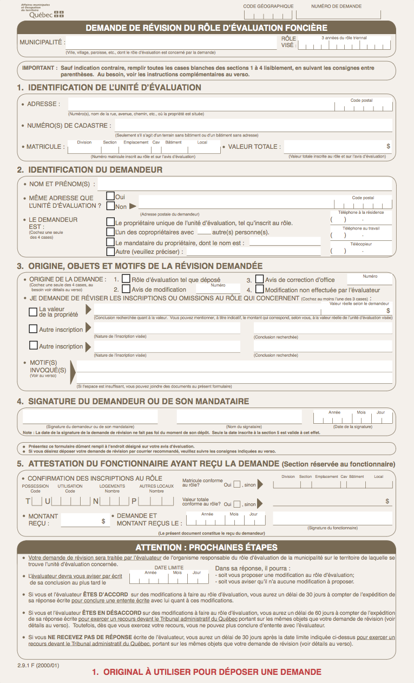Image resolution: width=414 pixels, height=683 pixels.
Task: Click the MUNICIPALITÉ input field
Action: coord(171,42)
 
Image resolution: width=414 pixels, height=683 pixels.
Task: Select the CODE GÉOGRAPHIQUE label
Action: coord(268,6)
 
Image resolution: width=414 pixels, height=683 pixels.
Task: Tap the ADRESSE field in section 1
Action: coord(200,104)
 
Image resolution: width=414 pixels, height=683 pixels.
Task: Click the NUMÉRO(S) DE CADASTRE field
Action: coord(253,126)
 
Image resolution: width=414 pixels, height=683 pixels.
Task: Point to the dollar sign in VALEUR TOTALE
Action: coord(388,146)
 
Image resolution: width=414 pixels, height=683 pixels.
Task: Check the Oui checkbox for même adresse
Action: coord(110,196)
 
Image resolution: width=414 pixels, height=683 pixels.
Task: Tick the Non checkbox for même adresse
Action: coord(110,206)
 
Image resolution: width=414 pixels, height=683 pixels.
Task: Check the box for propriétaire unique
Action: coord(110,222)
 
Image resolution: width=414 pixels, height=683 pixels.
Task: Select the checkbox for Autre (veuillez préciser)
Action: coord(110,252)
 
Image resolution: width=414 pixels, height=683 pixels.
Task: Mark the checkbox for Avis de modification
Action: coord(126,289)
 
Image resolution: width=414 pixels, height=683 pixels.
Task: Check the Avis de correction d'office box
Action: coord(259,279)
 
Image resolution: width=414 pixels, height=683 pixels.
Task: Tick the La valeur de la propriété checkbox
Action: coord(33,311)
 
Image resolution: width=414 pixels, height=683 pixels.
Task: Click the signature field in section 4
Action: coord(90,417)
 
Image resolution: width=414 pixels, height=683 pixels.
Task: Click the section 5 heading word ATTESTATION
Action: coord(60,464)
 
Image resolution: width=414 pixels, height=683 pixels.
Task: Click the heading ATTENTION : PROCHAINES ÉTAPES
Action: coord(206,547)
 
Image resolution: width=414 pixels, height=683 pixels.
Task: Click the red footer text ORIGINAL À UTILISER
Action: coord(206,673)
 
